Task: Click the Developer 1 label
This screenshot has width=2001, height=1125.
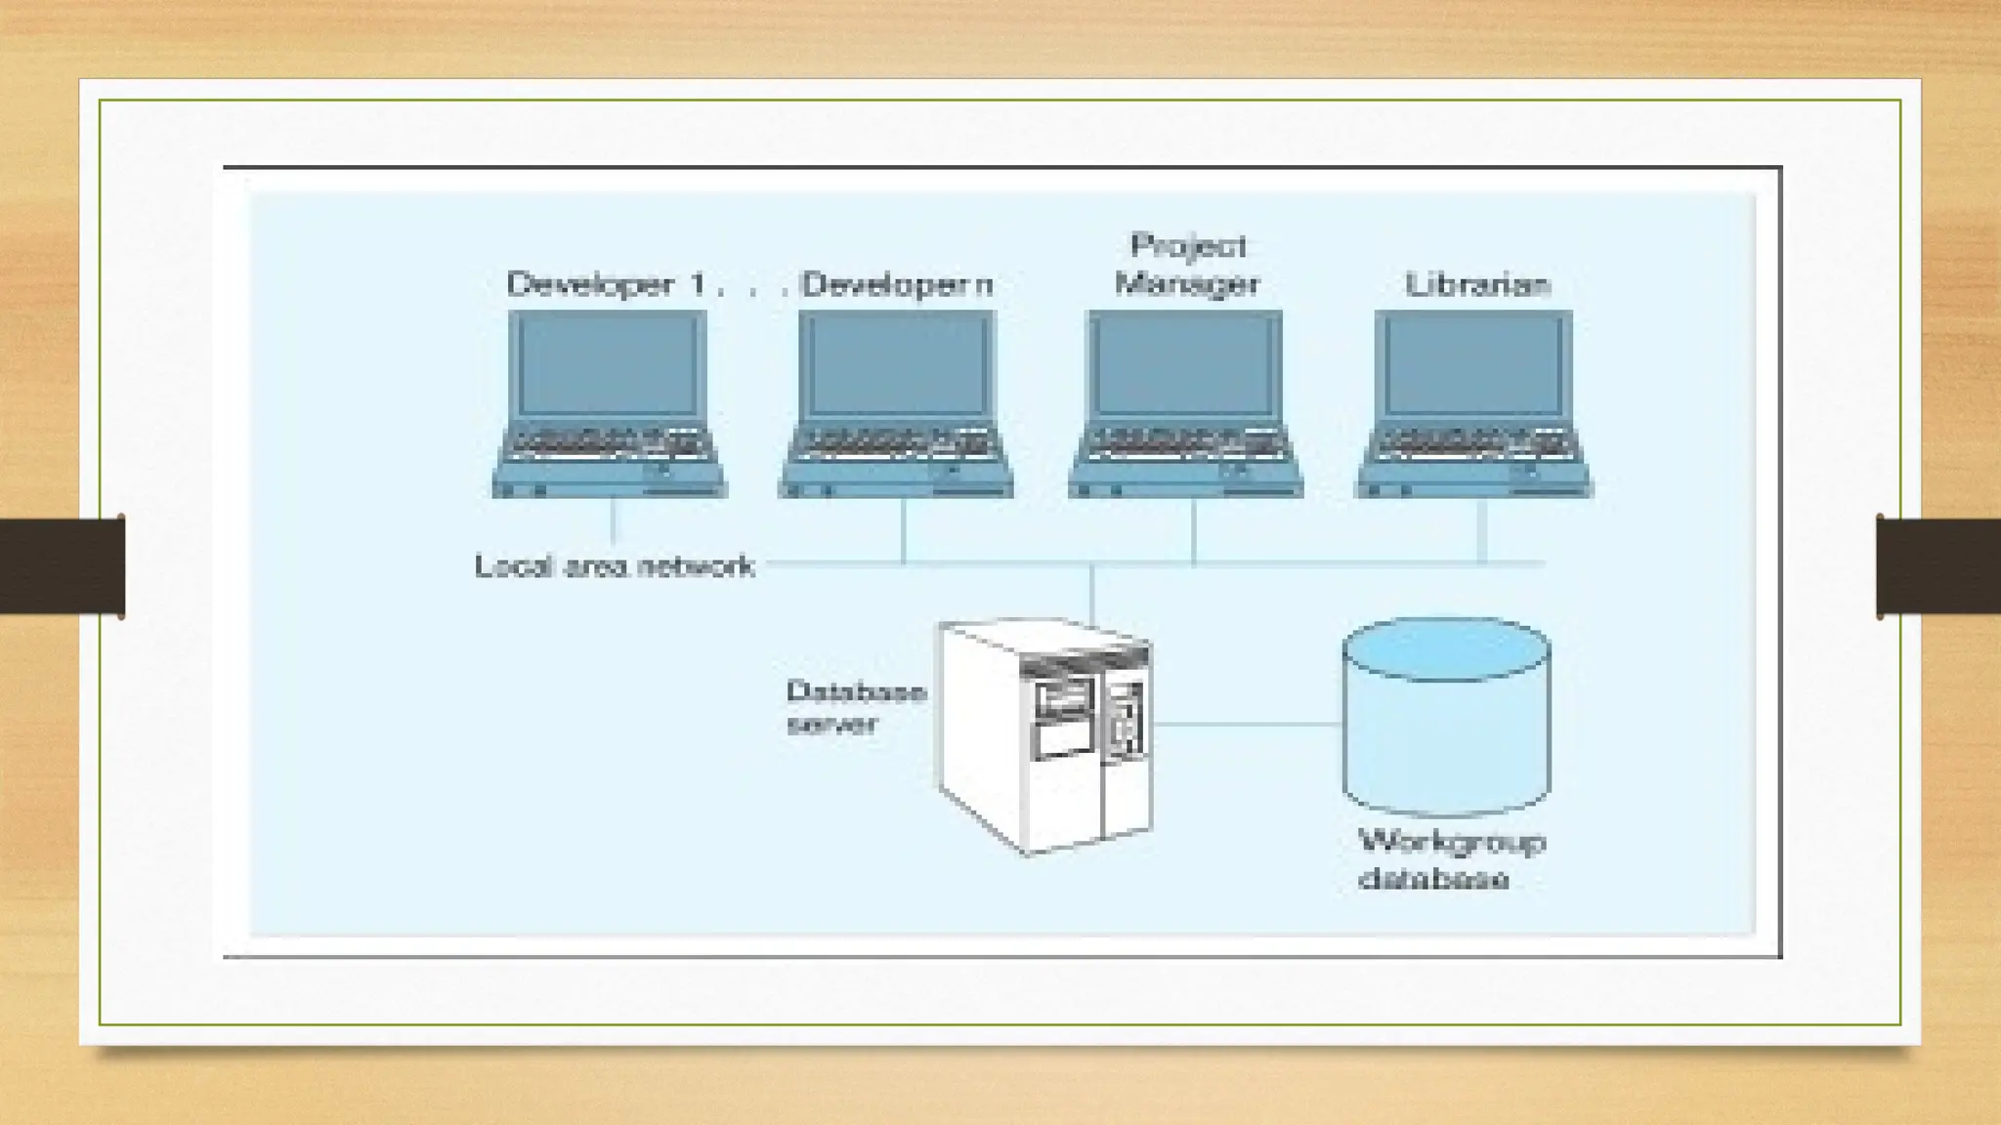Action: [x=606, y=284]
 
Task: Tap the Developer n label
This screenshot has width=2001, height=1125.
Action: [x=897, y=284]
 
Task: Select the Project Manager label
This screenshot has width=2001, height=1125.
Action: [x=1187, y=265]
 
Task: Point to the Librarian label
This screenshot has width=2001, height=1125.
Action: [x=1477, y=284]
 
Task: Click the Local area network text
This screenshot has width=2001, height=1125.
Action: [x=614, y=566]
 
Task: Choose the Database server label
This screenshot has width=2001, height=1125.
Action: [x=855, y=707]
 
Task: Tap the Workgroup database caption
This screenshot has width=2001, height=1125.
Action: [x=1451, y=860]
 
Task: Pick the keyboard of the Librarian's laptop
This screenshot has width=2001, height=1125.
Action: [x=1473, y=443]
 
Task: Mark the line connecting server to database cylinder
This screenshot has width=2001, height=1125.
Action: [x=1247, y=725]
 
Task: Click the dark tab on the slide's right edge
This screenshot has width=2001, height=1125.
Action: [x=1938, y=566]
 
